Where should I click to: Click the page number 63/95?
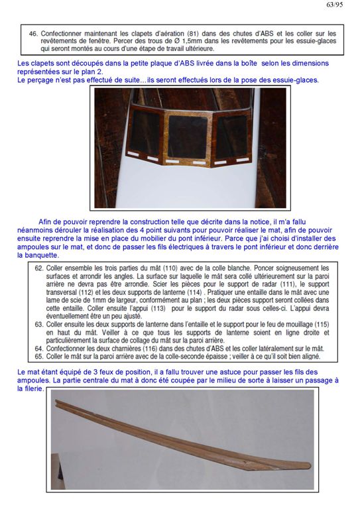tap(334, 5)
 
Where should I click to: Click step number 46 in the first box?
tap(33, 34)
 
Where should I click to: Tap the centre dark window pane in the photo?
tap(188, 137)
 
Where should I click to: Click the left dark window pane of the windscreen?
tap(145, 133)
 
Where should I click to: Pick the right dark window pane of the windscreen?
tap(231, 137)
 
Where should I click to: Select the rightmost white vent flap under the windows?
tap(243, 160)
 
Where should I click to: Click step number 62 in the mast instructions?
tap(39, 268)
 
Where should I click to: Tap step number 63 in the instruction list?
tap(39, 325)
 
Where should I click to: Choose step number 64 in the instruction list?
tap(39, 349)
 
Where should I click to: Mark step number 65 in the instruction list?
tap(39, 357)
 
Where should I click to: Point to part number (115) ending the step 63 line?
tap(323, 325)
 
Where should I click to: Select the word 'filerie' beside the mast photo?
tap(34, 388)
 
